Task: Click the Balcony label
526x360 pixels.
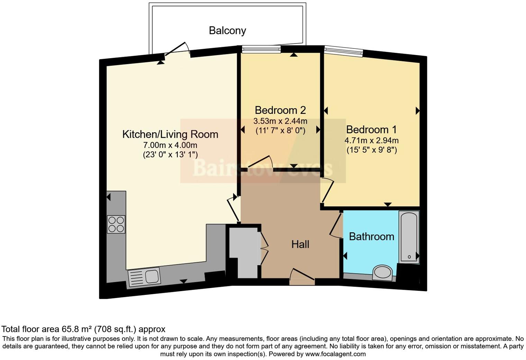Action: click(x=227, y=30)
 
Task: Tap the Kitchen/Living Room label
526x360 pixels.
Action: click(x=170, y=134)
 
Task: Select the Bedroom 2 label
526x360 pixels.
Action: click(x=280, y=110)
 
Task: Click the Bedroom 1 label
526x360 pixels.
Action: click(x=371, y=129)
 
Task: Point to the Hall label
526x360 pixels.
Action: click(x=300, y=244)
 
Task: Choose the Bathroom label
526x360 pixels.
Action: click(x=371, y=236)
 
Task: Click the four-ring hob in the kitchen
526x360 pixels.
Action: click(x=116, y=224)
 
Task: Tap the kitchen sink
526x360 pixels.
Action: click(x=144, y=277)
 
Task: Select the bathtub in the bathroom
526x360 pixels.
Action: click(x=409, y=237)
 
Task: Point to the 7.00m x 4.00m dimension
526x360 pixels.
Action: click(x=170, y=145)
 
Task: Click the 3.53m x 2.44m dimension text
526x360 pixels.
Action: click(x=280, y=121)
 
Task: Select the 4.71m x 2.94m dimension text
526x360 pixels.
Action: click(x=371, y=141)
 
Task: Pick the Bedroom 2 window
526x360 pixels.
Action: click(x=261, y=49)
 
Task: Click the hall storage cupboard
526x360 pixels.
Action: click(x=244, y=251)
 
